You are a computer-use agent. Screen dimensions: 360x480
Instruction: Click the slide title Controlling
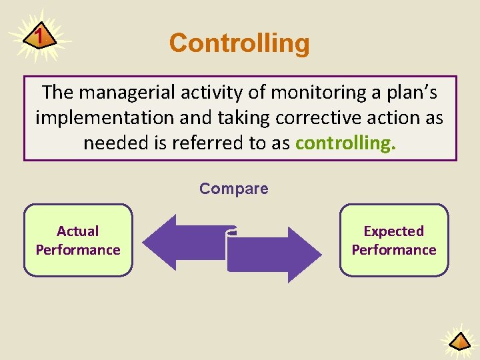click(x=239, y=43)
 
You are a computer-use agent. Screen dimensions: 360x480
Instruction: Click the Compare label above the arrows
click(x=233, y=189)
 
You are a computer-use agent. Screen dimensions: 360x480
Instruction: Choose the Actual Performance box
click(x=78, y=241)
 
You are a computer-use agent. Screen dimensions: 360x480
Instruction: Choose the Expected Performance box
click(x=393, y=241)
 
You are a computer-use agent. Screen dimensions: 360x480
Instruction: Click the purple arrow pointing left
click(x=180, y=242)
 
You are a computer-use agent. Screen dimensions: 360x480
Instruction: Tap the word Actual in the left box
click(x=78, y=231)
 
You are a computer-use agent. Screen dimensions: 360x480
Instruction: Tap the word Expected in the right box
click(x=393, y=231)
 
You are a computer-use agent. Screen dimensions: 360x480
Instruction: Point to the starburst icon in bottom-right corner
click(x=459, y=342)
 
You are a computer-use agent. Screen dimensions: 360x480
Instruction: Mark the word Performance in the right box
click(x=393, y=250)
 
